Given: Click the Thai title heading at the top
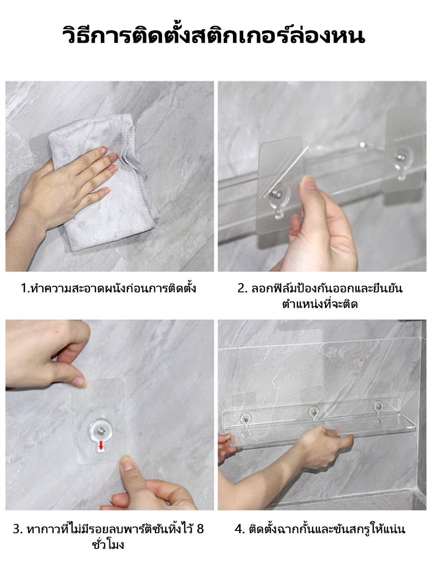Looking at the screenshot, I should (213, 36).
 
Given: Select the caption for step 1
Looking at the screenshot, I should (108, 288).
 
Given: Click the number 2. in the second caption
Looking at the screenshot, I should (242, 288).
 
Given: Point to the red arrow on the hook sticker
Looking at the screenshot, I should (101, 445).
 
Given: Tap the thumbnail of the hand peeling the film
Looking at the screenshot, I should (308, 184).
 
